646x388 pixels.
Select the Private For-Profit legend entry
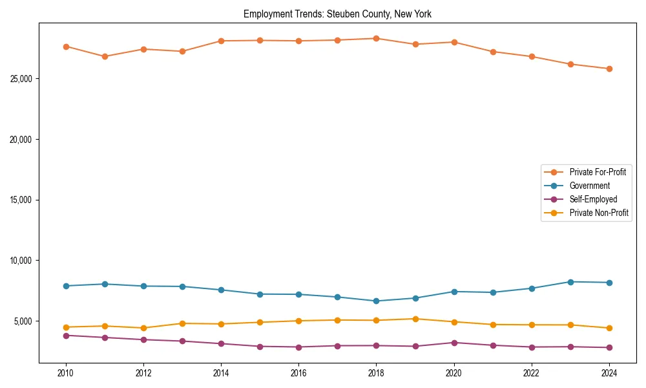pyautogui.click(x=598, y=172)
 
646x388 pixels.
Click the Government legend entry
pyautogui.click(x=589, y=186)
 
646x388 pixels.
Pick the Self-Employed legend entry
pyautogui.click(x=593, y=199)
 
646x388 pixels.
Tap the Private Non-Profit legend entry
pyautogui.click(x=599, y=213)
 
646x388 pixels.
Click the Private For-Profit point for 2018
pyautogui.click(x=376, y=38)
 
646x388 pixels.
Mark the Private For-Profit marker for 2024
pyautogui.click(x=609, y=69)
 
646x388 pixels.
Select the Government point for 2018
pyautogui.click(x=376, y=301)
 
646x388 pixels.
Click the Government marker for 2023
pyautogui.click(x=570, y=282)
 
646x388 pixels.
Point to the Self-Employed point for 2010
pyautogui.click(x=66, y=336)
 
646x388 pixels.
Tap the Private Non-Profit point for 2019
pyautogui.click(x=415, y=319)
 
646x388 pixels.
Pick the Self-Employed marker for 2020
pyautogui.click(x=453, y=343)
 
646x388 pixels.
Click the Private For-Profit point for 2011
pyautogui.click(x=105, y=56)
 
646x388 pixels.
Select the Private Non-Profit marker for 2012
pyautogui.click(x=143, y=328)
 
